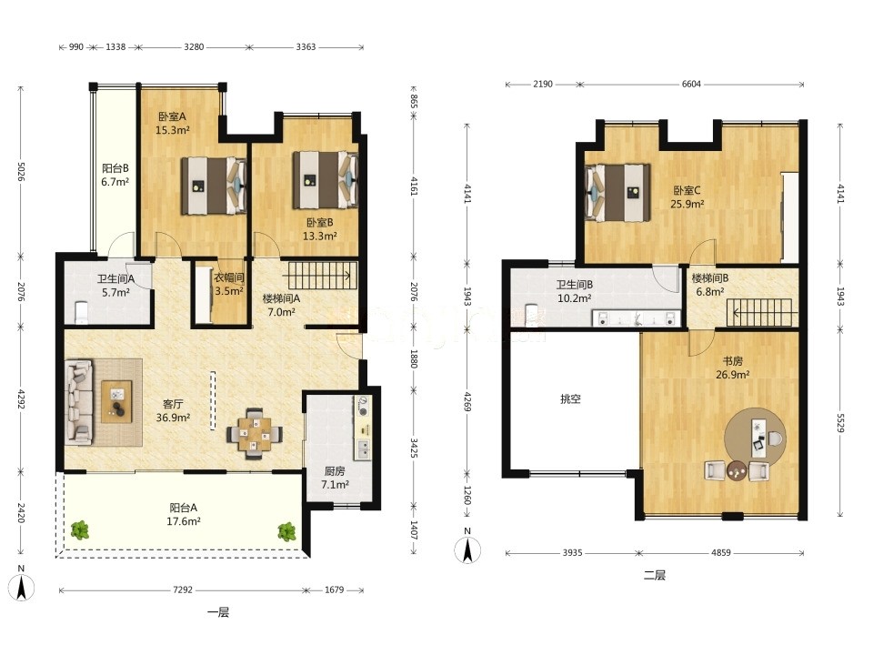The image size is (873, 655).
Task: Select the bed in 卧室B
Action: click(x=326, y=180)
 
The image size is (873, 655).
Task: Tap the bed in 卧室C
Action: click(x=617, y=193)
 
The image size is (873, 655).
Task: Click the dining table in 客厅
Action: click(x=255, y=433)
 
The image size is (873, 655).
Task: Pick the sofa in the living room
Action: click(x=78, y=401)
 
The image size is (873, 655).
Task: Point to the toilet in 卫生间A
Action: click(x=81, y=312)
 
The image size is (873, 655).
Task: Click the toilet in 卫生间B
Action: click(x=531, y=314)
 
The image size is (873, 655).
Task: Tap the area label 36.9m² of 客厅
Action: click(x=173, y=418)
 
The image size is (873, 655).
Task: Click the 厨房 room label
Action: click(x=335, y=471)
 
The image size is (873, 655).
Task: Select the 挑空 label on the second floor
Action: click(x=571, y=398)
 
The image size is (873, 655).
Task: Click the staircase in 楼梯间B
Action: click(x=759, y=312)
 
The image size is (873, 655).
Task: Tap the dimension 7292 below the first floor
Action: click(x=183, y=589)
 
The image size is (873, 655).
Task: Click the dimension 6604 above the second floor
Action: click(x=691, y=84)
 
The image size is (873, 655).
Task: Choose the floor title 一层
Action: click(x=217, y=612)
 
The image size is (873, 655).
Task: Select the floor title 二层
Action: click(x=654, y=575)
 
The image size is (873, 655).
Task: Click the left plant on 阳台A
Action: click(x=80, y=529)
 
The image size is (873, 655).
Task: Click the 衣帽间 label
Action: click(x=229, y=277)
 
